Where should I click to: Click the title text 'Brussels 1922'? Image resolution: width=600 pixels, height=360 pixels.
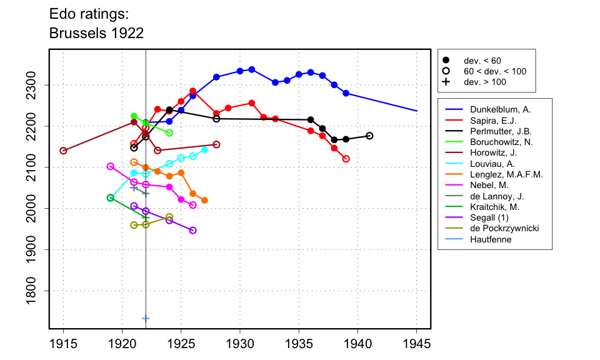pos(96,33)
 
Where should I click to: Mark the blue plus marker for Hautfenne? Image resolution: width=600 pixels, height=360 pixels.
pos(146,318)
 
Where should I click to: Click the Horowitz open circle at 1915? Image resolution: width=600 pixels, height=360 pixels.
pos(63,151)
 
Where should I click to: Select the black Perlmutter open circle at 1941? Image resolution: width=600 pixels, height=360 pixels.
pos(369,136)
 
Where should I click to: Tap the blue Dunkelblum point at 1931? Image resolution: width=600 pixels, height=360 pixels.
pos(252,69)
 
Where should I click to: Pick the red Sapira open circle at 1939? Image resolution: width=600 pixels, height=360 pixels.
pos(346,159)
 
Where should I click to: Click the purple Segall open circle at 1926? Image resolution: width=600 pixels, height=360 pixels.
pos(192,231)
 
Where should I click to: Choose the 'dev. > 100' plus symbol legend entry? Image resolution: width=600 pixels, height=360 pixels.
pos(446,82)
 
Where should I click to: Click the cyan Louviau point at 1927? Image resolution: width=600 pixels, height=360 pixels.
pos(204,150)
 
